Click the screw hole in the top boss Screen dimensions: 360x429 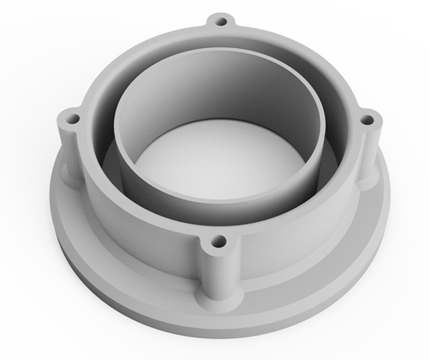click(220, 21)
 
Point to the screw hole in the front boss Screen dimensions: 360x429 click(218, 241)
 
